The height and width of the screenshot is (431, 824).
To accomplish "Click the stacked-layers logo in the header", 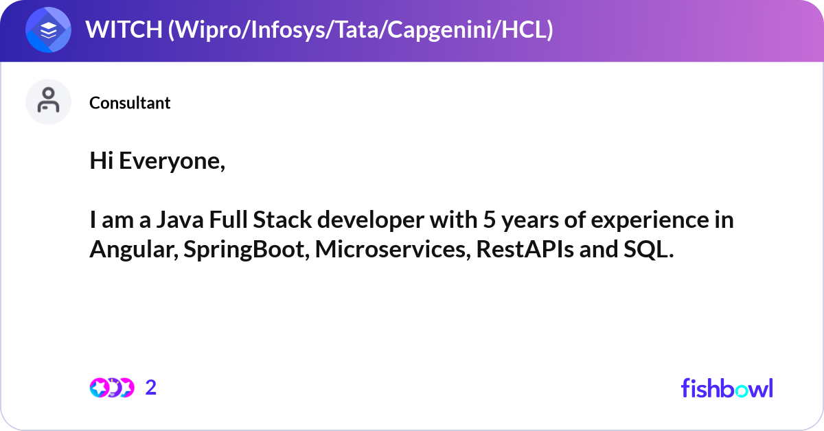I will [x=48, y=30].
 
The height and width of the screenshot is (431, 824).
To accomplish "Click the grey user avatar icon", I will [x=48, y=102].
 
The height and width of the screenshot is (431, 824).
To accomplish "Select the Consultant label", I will [x=130, y=103].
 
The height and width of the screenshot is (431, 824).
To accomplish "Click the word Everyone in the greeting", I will [x=172, y=162].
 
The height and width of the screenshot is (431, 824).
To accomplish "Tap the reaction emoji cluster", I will [x=111, y=388].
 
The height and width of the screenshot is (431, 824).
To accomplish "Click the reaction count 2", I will [x=151, y=388].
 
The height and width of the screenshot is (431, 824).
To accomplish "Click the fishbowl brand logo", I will [x=726, y=388].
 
